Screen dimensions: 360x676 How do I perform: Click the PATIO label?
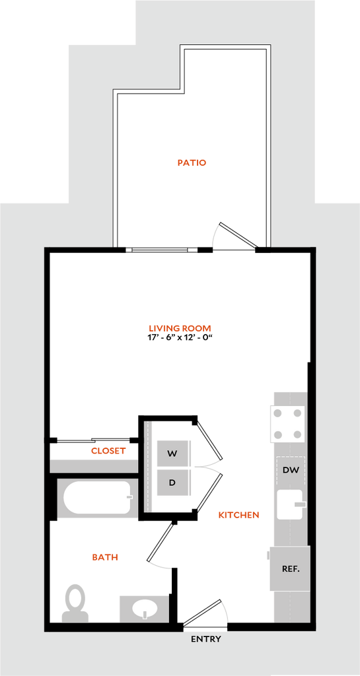tap(192, 163)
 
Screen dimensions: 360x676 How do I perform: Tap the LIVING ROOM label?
tap(180, 328)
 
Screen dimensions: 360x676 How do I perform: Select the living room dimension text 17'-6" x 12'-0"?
tap(180, 337)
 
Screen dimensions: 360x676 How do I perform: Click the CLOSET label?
tap(108, 451)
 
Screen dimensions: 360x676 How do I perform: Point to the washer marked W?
tap(173, 453)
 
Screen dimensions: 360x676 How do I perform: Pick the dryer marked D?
tap(173, 483)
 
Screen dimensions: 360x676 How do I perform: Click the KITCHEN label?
tap(238, 515)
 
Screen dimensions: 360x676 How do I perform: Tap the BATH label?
tap(105, 557)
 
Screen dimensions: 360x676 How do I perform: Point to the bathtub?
tap(98, 497)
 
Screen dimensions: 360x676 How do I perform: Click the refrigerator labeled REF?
tap(290, 568)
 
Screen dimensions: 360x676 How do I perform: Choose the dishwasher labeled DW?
tap(291, 470)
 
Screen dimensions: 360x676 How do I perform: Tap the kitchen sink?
tap(291, 504)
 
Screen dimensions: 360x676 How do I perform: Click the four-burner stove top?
tap(287, 424)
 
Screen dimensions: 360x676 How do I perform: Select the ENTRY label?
tap(206, 639)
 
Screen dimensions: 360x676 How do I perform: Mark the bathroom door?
tap(161, 544)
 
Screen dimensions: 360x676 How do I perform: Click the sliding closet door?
tap(94, 440)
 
